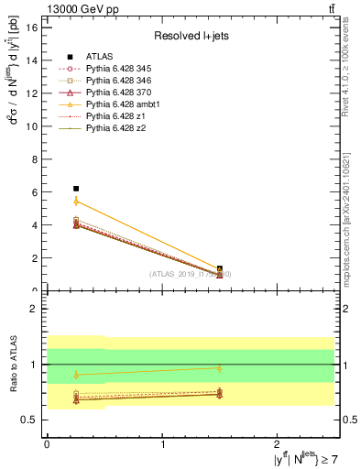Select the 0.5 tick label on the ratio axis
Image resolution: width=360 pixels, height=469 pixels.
tap(28, 420)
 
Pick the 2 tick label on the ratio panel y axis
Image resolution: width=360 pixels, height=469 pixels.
tap(33, 309)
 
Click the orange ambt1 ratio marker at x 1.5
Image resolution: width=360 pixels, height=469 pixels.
tap(220, 368)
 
